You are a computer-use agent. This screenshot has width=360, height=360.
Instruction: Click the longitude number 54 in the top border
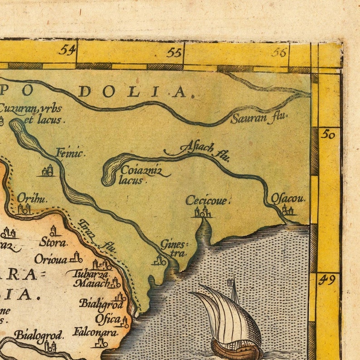[66, 49]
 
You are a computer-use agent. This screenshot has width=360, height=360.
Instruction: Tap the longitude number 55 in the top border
[174, 52]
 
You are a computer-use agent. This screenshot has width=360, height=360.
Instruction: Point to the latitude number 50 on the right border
[328, 134]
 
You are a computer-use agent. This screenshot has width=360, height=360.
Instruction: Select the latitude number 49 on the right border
[326, 280]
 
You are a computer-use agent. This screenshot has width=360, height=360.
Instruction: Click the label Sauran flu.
[259, 118]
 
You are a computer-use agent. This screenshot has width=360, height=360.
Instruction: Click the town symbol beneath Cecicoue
[203, 212]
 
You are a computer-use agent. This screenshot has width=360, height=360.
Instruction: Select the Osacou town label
[288, 199]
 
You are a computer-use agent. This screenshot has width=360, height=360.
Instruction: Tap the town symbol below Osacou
[287, 209]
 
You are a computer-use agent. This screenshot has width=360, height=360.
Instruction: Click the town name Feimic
[70, 153]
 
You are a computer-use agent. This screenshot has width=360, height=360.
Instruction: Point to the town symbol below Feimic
[48, 171]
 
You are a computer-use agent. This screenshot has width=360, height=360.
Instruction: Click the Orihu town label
[32, 198]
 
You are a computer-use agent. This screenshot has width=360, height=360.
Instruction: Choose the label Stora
[53, 242]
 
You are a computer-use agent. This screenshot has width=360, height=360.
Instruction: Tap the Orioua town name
[51, 259]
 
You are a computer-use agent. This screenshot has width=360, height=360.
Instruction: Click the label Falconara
[95, 331]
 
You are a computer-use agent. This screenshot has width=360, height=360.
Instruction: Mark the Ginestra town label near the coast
[173, 248]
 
